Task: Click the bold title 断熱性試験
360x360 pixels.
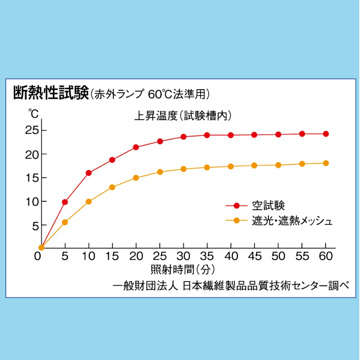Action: pyautogui.click(x=51, y=93)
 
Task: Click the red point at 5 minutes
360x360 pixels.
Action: pyautogui.click(x=65, y=202)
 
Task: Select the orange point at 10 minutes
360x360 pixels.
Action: pyautogui.click(x=89, y=202)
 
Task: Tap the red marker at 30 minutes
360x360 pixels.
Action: pyautogui.click(x=183, y=137)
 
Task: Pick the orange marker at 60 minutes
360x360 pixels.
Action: pyautogui.click(x=325, y=163)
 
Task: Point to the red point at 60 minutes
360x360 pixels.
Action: pyautogui.click(x=325, y=134)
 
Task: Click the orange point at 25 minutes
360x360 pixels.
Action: pyautogui.click(x=160, y=172)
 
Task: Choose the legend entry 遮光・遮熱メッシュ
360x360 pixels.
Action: pyautogui.click(x=292, y=220)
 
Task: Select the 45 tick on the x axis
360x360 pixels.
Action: pyautogui.click(x=255, y=256)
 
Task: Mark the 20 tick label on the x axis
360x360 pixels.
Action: pyautogui.click(x=136, y=256)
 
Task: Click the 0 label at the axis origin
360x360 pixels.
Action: pyautogui.click(x=37, y=256)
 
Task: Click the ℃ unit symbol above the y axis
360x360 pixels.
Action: pyautogui.click(x=33, y=114)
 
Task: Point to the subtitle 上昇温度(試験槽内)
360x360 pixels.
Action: pyautogui.click(x=183, y=116)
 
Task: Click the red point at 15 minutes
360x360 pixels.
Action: pyautogui.click(x=112, y=160)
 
